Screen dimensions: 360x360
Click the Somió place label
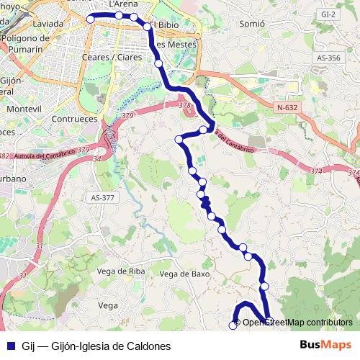point(252,24)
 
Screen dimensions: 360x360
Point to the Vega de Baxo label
point(184,274)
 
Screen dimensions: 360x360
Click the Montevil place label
point(24,108)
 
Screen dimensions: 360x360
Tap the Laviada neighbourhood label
point(48,23)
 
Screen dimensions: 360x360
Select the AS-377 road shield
point(103,197)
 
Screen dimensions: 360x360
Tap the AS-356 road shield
point(328,58)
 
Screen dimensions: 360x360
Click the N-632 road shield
point(287,107)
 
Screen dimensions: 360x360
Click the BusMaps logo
point(326,344)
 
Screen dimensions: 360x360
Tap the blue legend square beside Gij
point(11,346)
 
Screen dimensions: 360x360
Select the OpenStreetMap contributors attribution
point(297,322)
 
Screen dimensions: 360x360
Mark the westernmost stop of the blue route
point(90,19)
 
